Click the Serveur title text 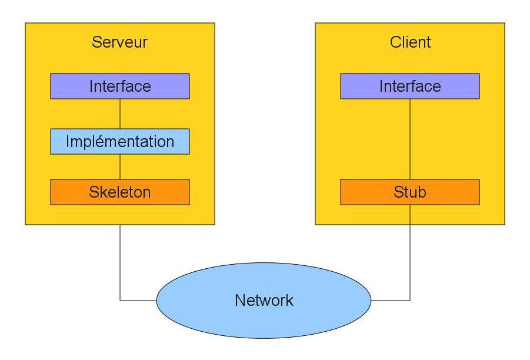tap(119, 43)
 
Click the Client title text tap(410, 43)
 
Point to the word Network tap(264, 301)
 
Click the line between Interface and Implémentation tap(120, 114)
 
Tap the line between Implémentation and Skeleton tap(120, 166)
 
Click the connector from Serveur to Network tap(120, 265)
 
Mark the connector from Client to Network tap(410, 265)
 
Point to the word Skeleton tap(120, 192)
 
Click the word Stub tap(410, 192)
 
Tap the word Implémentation tap(120, 142)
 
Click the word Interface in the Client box tap(410, 86)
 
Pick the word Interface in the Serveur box tap(120, 86)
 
